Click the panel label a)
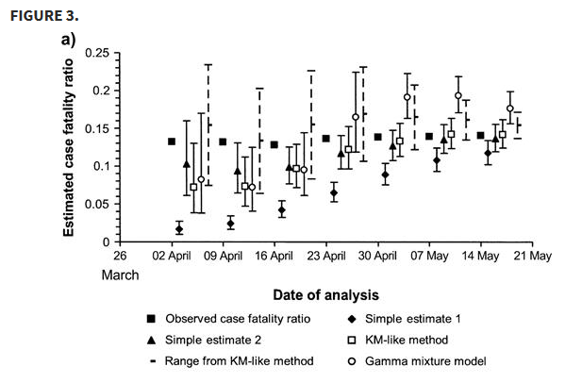68,40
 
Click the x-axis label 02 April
171,255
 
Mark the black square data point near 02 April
172,142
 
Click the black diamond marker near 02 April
179,228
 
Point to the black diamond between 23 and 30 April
334,193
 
